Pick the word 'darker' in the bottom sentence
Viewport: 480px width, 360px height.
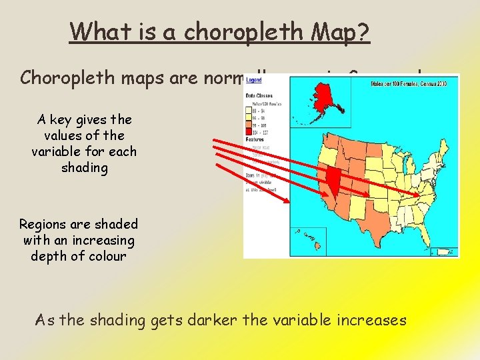(212, 321)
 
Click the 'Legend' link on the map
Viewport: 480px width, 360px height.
(254, 81)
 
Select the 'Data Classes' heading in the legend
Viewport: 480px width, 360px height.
(259, 96)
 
